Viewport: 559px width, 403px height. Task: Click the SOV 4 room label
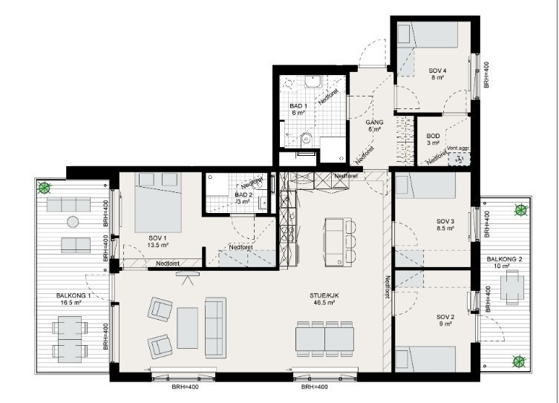click(437, 73)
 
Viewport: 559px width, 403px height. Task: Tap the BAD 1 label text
click(298, 109)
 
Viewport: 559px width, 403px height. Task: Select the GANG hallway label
click(374, 125)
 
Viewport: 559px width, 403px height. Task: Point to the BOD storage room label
click(433, 140)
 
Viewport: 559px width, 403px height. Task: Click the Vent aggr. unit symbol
click(460, 159)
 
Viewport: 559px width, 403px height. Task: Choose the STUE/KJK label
click(324, 299)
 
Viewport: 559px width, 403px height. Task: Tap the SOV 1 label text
click(157, 241)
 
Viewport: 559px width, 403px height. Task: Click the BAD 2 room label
click(243, 198)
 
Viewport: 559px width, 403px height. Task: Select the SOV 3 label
click(445, 224)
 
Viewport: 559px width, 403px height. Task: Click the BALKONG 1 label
click(73, 299)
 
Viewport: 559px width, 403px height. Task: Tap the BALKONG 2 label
click(504, 263)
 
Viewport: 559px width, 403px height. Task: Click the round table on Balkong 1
click(73, 223)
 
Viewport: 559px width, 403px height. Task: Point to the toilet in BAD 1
click(306, 139)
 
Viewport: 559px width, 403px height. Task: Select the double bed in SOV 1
click(157, 203)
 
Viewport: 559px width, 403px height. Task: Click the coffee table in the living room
click(188, 328)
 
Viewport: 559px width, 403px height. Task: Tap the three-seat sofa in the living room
click(215, 327)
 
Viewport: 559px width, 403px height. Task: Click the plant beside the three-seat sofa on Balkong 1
click(45, 187)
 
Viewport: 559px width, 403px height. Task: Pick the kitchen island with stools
click(340, 242)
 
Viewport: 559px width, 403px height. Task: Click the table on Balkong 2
click(513, 287)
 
